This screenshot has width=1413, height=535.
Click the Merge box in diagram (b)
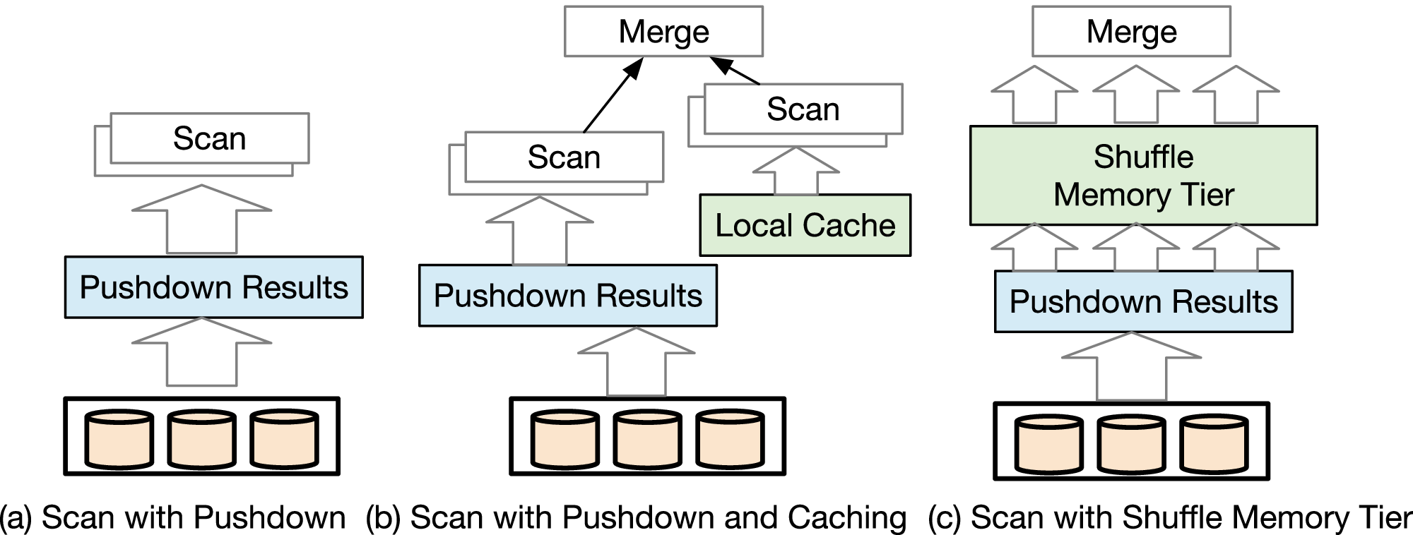[x=663, y=32]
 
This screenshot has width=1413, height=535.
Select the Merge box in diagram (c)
[x=1131, y=32]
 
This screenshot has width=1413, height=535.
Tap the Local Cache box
[x=805, y=226]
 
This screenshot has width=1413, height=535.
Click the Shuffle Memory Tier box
[x=1143, y=176]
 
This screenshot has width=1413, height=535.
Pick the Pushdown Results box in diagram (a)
[x=213, y=287]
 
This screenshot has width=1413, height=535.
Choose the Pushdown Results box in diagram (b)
[x=567, y=296]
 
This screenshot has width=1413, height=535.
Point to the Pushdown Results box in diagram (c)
[x=1143, y=301]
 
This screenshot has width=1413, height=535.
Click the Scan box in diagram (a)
[x=209, y=138]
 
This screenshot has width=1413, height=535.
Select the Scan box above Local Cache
[x=803, y=109]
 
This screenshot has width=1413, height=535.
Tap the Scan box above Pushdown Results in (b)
[x=564, y=157]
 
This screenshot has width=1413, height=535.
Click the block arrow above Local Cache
[x=796, y=172]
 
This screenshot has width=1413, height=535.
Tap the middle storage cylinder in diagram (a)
[x=201, y=439]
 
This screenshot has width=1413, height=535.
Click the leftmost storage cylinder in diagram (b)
[x=565, y=440]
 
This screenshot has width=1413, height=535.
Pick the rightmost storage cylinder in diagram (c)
[x=1213, y=445]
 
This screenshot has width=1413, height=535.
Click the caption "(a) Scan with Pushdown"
[x=173, y=518]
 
